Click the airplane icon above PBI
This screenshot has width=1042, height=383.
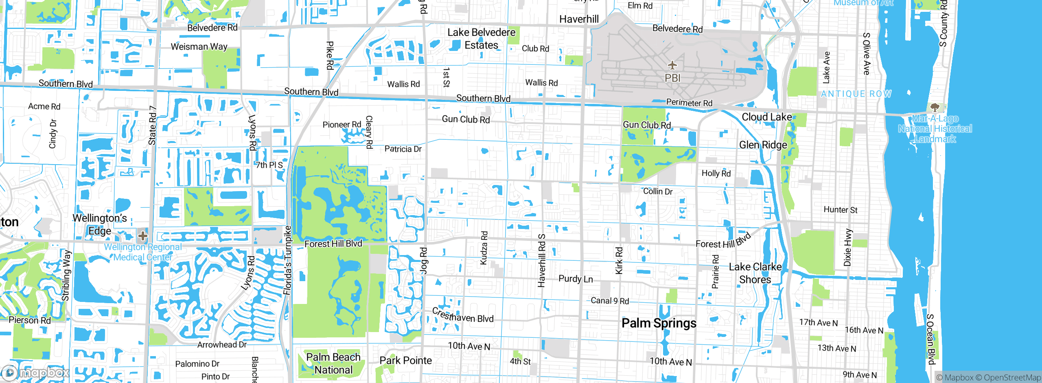672,65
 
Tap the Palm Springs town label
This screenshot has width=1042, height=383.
659,323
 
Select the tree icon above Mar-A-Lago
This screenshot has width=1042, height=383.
935,108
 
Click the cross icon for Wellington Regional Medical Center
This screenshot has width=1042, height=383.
142,236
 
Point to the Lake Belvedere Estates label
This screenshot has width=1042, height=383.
482,39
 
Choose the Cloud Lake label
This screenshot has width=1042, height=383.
766,117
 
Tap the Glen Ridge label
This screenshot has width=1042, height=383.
763,145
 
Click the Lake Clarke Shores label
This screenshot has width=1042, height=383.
755,273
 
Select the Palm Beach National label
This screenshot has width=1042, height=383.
333,363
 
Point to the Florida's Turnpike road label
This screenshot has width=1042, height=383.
288,261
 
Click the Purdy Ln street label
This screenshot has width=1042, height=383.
576,279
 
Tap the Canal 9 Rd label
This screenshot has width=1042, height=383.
610,301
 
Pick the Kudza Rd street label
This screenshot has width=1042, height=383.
484,248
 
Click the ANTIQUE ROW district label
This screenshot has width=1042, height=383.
856,94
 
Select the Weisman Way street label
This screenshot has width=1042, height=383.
199,47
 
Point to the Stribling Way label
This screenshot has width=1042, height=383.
66,276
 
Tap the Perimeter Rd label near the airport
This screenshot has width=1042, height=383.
689,103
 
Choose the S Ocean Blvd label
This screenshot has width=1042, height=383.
930,339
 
